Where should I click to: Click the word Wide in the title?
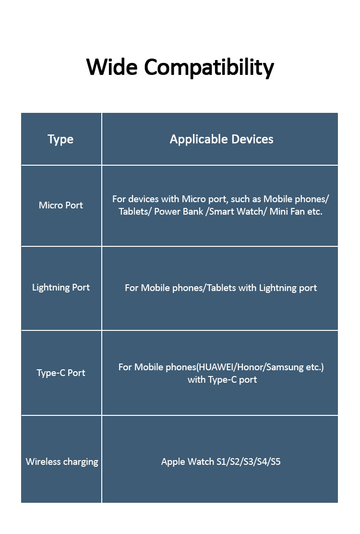(x=112, y=67)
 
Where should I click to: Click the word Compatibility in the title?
(x=209, y=68)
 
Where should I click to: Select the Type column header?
(x=60, y=139)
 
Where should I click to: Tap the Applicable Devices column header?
(x=221, y=139)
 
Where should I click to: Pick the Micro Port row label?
(x=61, y=205)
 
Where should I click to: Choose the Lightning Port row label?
(x=61, y=287)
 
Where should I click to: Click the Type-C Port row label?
(x=61, y=373)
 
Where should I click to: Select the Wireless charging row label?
(x=62, y=461)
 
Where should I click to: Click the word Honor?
(x=251, y=367)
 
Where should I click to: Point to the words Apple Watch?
(x=188, y=462)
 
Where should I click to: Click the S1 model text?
(x=222, y=462)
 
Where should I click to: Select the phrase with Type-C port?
(x=222, y=379)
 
